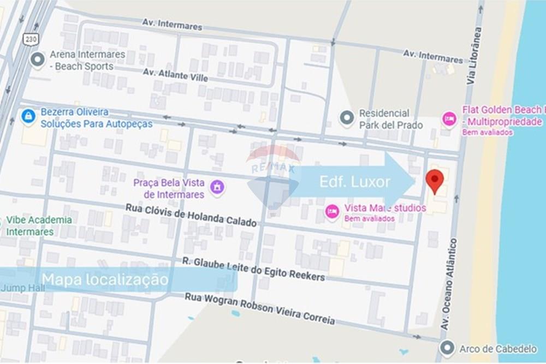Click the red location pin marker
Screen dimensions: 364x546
tap(435, 181)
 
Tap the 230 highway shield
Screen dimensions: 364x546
tap(30, 39)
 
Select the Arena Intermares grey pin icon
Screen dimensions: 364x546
tap(38, 59)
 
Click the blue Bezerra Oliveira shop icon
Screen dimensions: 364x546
tap(28, 116)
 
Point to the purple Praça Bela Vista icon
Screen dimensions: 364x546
tap(217, 187)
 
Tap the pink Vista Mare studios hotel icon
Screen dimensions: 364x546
tap(332, 212)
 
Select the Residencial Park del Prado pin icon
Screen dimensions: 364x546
tap(347, 118)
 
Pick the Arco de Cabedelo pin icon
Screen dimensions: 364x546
tap(447, 348)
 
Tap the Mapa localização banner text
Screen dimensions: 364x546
tap(105, 280)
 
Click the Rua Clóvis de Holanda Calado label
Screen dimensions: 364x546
tap(191, 215)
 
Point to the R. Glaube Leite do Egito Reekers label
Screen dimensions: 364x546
tap(253, 269)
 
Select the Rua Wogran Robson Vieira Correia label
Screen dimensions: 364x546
tap(259, 308)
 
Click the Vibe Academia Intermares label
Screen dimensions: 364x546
tap(38, 226)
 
